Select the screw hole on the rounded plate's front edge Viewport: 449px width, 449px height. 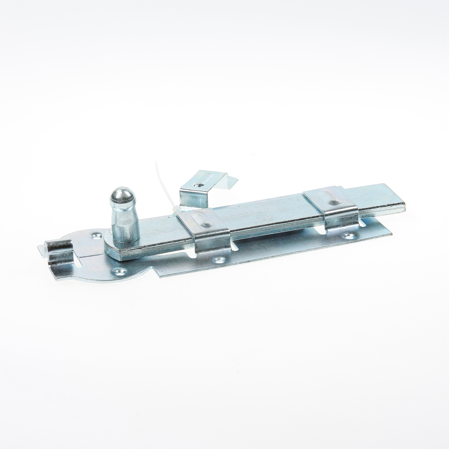[120, 271]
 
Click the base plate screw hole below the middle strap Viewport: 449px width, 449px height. [219, 260]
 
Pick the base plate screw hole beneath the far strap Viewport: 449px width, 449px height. [348, 235]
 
